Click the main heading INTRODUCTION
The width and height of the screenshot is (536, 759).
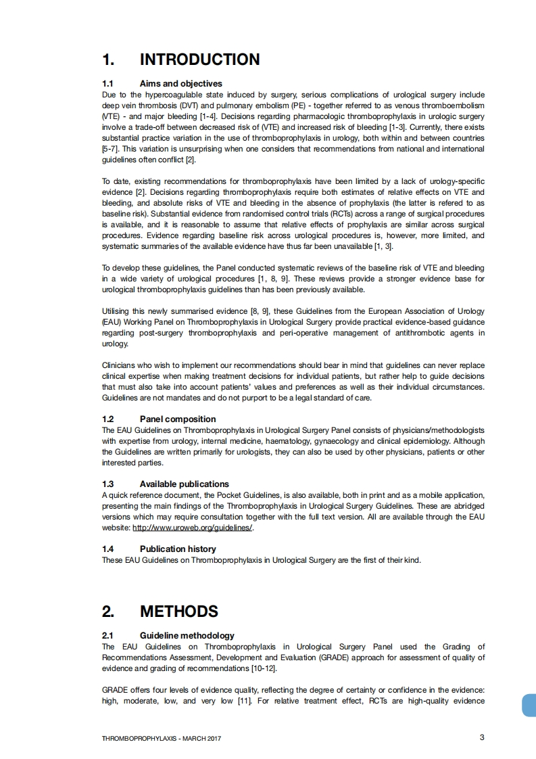pos(199,60)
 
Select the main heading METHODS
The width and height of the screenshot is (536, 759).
pos(178,612)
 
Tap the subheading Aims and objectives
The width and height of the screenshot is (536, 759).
pos(180,84)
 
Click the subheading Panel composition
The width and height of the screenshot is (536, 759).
pos(178,419)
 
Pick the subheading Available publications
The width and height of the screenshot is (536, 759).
pos(184,484)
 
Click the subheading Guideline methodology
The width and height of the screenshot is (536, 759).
pos(187,636)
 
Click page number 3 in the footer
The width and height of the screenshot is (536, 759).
pos(482,737)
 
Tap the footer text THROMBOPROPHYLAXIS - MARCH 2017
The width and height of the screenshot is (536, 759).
pos(161,738)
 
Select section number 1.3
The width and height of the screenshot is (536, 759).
pos(108,484)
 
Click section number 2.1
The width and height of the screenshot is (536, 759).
pos(108,636)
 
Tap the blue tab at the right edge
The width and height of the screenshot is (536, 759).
pos(529,705)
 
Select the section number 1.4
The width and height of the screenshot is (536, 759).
pos(108,549)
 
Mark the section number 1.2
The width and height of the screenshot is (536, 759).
pos(108,419)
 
